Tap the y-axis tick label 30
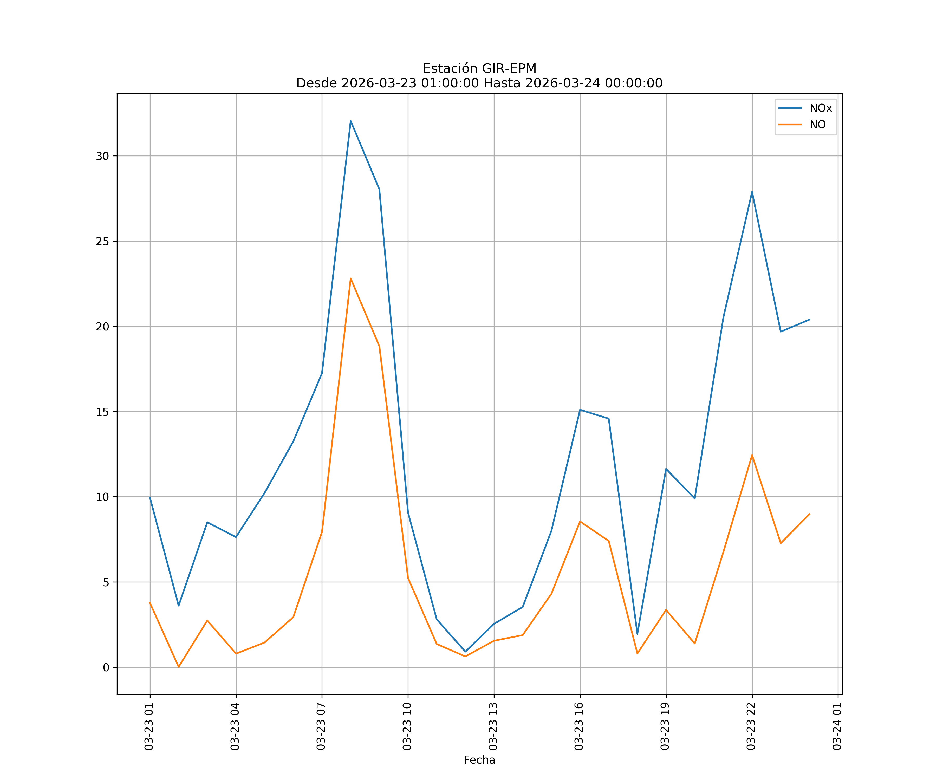point(102,156)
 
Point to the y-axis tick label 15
point(102,411)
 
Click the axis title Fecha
point(479,759)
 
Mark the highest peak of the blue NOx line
point(351,121)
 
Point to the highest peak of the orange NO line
point(351,278)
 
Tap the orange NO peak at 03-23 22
point(752,455)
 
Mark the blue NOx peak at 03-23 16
point(580,409)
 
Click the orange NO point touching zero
point(179,667)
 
